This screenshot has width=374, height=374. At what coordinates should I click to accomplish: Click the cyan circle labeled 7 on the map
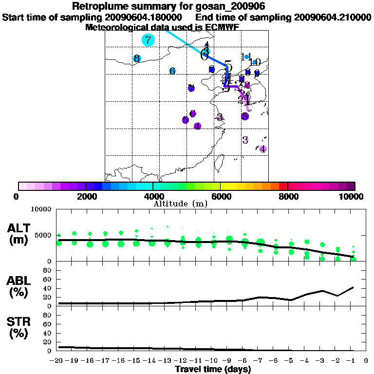click(148, 40)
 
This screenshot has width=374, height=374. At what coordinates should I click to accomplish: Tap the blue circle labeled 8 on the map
click(137, 59)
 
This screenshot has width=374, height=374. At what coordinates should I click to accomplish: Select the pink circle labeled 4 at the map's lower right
click(262, 149)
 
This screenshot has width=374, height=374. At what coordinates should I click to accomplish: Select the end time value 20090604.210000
click(333, 17)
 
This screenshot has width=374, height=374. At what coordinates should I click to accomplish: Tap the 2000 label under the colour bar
click(85, 197)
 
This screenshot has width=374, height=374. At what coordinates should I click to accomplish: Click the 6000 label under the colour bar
click(220, 197)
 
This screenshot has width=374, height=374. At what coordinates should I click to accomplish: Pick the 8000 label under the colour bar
click(287, 197)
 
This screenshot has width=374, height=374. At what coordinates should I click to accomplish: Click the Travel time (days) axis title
click(213, 370)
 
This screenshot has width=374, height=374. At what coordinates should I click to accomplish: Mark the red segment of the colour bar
click(283, 186)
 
